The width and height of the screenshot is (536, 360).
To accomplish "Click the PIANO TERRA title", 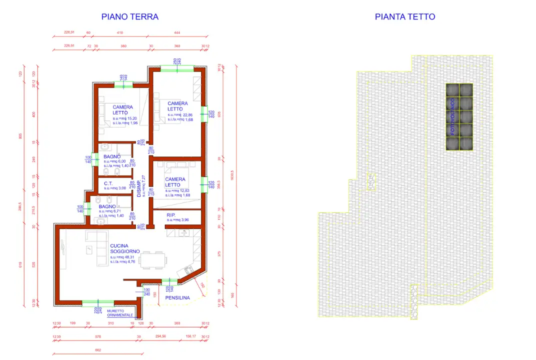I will pyautogui.click(x=130, y=16).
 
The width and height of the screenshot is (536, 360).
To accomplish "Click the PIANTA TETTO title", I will pyautogui.click(x=405, y=16).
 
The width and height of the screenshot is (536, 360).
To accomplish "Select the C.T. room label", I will pyautogui.click(x=108, y=183).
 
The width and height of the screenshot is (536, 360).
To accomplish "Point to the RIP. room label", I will pyautogui.click(x=171, y=214).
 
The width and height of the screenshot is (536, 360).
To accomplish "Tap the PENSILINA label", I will pyautogui.click(x=177, y=298).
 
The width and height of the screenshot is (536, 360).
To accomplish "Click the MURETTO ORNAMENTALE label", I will pyautogui.click(x=116, y=313).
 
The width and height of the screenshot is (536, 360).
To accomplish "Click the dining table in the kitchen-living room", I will pyautogui.click(x=153, y=259).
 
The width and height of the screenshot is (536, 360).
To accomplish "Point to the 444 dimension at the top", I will pyautogui.click(x=177, y=32).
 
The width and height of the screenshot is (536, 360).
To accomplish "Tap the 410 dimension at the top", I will pyautogui.click(x=119, y=32).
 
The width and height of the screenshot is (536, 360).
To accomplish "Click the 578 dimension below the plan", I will pyautogui.click(x=98, y=336).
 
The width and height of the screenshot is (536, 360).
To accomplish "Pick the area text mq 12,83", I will pyautogui.click(x=180, y=190).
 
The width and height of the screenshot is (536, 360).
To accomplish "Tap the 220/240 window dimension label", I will pyautogui.click(x=97, y=310).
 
